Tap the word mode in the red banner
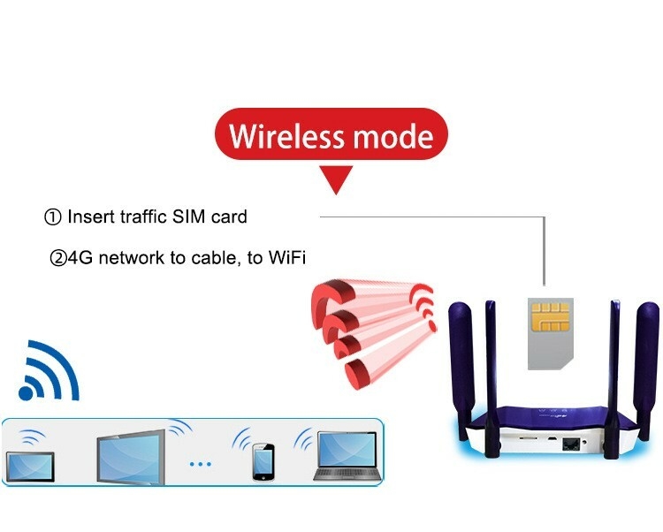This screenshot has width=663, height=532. click(393, 138)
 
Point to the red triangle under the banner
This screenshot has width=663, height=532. click(337, 180)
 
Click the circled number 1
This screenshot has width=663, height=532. click(52, 217)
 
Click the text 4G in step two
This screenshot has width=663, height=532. click(80, 258)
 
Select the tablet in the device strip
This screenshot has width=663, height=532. click(30, 465)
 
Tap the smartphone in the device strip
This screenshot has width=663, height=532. click(263, 462)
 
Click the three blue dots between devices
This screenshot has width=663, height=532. click(202, 463)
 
